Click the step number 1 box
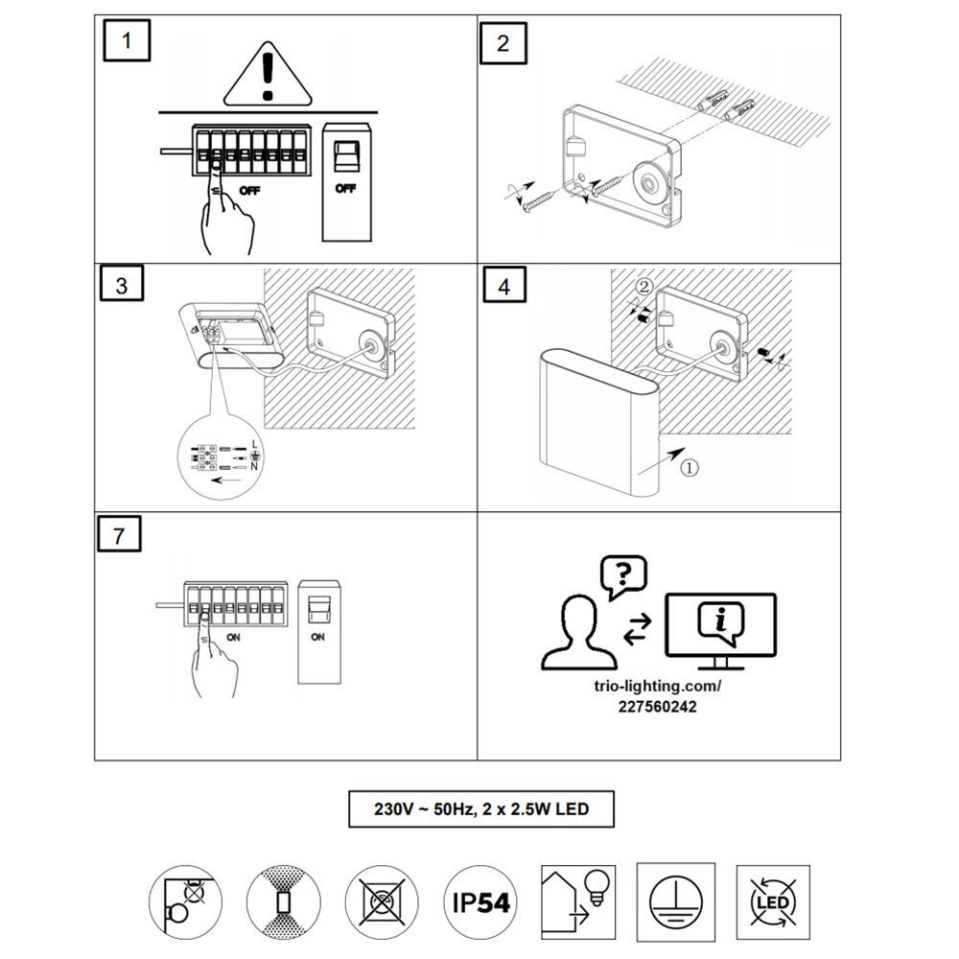click(x=127, y=40)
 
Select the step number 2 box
click(x=503, y=43)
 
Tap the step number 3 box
click(x=121, y=283)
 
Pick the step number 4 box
click(x=504, y=285)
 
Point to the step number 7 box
click(x=119, y=534)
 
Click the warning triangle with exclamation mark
click(x=268, y=75)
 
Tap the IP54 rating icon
click(x=480, y=901)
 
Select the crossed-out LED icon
click(x=773, y=902)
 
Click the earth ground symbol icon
click(x=676, y=902)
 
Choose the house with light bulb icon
click(x=578, y=902)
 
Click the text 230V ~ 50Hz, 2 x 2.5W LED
click(x=481, y=809)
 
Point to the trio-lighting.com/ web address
click(x=658, y=687)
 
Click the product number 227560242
click(x=658, y=707)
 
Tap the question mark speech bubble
click(x=623, y=576)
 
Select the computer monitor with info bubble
click(x=720, y=631)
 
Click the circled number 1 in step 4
click(x=690, y=468)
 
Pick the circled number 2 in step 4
click(x=644, y=286)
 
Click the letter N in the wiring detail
click(x=254, y=467)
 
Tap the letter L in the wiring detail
click(x=254, y=445)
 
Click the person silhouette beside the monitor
click(x=579, y=633)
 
